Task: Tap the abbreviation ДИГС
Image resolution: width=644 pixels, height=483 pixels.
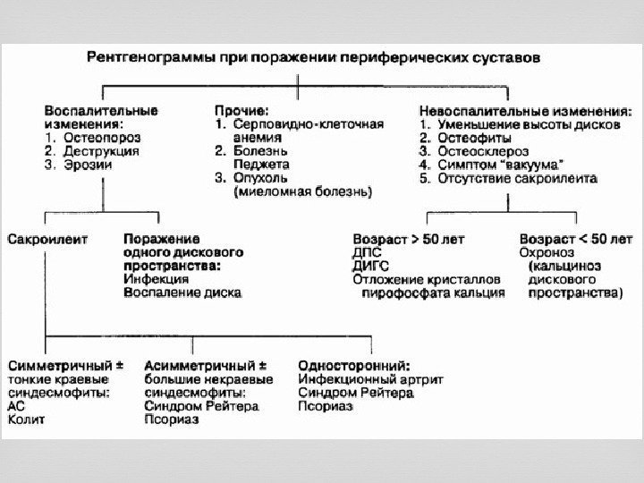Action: click(x=369, y=266)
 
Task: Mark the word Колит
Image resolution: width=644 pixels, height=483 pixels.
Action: click(x=26, y=419)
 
